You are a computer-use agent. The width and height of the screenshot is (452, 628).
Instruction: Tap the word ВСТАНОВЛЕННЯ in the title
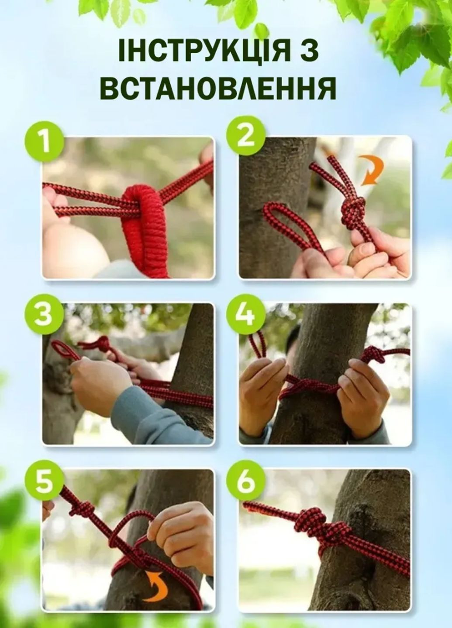click(218, 87)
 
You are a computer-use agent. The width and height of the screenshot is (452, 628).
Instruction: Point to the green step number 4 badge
click(246, 314)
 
